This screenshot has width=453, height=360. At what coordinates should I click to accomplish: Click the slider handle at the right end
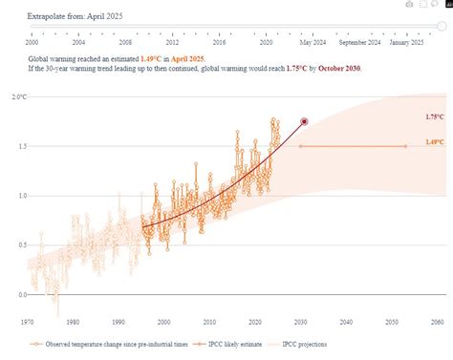[x=441, y=28]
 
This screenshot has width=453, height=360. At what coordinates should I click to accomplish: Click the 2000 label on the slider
[x=32, y=43]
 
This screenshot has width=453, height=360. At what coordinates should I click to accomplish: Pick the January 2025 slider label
[x=407, y=43]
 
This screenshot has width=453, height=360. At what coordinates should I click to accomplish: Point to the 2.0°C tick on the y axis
[x=18, y=97]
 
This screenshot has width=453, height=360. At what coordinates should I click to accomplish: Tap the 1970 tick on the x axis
[x=29, y=322]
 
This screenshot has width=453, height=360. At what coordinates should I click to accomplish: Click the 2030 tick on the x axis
[x=301, y=322]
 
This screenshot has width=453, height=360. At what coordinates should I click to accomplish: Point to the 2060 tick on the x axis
[x=438, y=322]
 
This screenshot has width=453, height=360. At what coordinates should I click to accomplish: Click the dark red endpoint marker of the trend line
[x=304, y=121]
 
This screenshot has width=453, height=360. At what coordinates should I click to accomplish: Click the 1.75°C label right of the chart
[x=434, y=116]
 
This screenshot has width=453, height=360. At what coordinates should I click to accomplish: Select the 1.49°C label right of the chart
[x=434, y=142]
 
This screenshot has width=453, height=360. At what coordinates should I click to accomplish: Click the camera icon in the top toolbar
[x=409, y=4]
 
